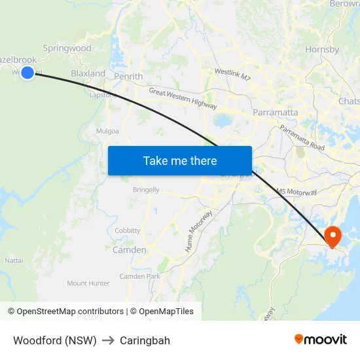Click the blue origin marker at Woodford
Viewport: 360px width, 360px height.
click(27, 73)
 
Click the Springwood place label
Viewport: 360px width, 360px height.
click(67, 48)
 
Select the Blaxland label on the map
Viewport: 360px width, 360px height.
click(88, 74)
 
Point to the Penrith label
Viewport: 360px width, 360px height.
click(128, 77)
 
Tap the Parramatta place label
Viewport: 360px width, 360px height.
click(276, 113)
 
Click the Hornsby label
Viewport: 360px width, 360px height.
click(322, 49)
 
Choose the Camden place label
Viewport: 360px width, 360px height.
click(130, 250)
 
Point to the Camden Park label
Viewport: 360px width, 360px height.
click(139, 276)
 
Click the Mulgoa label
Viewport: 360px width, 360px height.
click(107, 131)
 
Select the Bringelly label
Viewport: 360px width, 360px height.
click(146, 190)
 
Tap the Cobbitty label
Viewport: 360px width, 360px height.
click(128, 230)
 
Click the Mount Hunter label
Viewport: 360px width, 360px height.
click(88, 283)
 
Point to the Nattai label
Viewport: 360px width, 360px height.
click(14, 261)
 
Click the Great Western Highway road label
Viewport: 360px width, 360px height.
click(183, 99)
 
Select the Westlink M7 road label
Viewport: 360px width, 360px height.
click(232, 75)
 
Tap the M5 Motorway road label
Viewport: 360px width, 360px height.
click(297, 192)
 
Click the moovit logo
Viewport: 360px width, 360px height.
click(321, 339)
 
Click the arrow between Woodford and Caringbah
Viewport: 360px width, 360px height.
click(108, 340)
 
